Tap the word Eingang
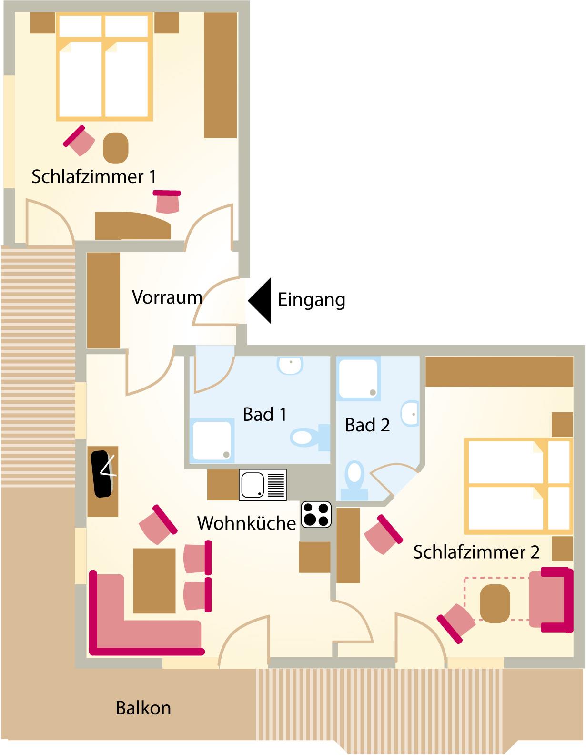tap(312, 300)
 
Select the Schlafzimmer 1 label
tap(94, 176)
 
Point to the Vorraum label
tap(167, 297)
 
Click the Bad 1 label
tap(264, 414)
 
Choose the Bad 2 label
tap(367, 425)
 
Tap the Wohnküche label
tap(246, 523)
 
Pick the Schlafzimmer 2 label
tap(476, 552)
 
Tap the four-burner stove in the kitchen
tap(316, 515)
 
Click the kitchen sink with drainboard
tap(263, 485)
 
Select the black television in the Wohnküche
tap(102, 474)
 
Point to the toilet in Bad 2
tap(354, 480)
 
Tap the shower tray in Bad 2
tap(358, 379)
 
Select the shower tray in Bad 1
tap(212, 441)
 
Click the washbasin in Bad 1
tap(290, 365)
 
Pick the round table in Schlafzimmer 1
tap(116, 148)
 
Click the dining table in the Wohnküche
tap(154, 581)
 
